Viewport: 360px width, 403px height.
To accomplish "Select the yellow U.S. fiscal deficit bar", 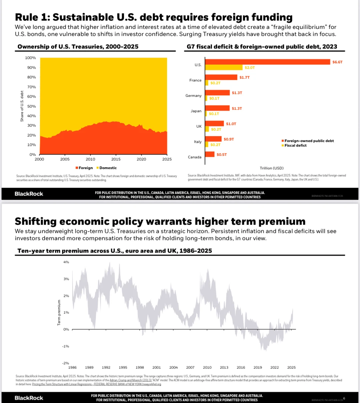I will [224, 68].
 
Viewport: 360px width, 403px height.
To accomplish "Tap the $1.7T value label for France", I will [244, 78].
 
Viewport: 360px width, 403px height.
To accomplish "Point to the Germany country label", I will [193, 96].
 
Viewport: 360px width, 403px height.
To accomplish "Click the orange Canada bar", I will [210, 154].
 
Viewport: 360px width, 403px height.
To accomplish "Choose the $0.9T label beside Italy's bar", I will [229, 139].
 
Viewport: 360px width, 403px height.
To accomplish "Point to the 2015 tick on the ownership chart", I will [116, 159].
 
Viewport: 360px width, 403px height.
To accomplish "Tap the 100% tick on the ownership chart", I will [30, 58].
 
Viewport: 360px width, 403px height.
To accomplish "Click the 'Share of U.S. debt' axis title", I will [22, 106].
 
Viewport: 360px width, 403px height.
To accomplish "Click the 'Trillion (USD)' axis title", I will [272, 168].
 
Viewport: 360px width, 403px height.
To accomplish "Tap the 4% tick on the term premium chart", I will [66, 262].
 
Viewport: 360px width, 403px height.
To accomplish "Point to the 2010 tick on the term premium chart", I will [207, 367].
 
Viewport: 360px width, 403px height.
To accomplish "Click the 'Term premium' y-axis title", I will [59, 312].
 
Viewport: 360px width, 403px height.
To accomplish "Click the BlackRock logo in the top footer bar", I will [29, 194].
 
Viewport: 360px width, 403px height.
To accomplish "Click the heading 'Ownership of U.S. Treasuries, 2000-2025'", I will [78, 47].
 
